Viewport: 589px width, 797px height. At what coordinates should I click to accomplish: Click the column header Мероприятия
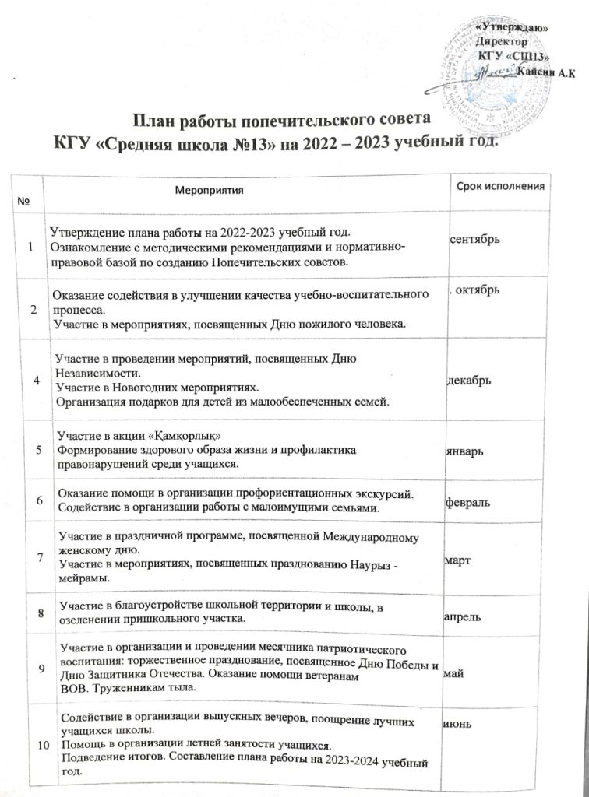(x=210, y=189)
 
